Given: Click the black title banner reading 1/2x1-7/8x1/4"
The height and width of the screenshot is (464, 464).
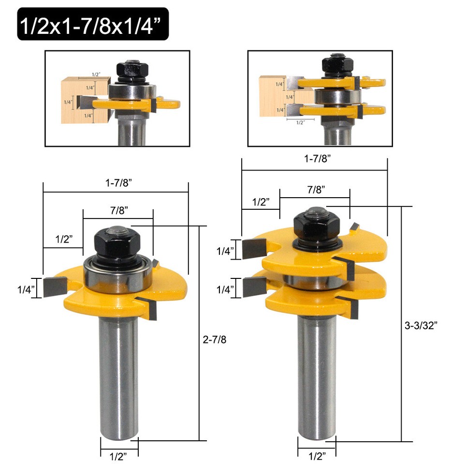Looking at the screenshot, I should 93,24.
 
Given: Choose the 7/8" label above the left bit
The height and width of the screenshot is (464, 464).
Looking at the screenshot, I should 118,211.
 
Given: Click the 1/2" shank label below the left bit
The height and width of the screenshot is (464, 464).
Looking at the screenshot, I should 119,454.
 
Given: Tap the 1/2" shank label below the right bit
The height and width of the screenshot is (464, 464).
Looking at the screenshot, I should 317,455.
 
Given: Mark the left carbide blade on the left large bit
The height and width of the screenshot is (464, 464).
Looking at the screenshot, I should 54,287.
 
